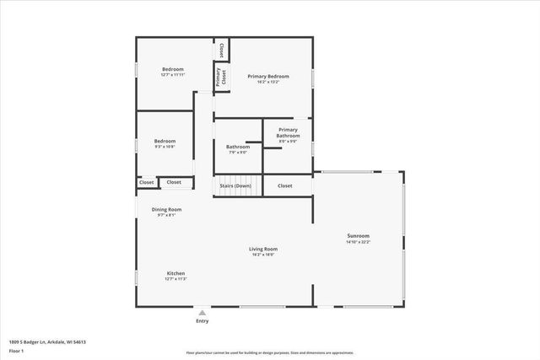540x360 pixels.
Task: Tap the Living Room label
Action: point(263,249)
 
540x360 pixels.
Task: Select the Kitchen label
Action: point(175,273)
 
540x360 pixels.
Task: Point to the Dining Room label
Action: point(166,209)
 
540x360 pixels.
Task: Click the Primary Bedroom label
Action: point(263,76)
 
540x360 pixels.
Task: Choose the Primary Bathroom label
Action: point(288,133)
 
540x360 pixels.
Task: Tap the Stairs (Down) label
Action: point(235,185)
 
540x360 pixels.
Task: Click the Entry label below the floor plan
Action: point(202,320)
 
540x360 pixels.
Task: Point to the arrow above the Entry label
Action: point(202,311)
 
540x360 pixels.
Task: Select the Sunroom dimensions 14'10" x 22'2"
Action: point(359,242)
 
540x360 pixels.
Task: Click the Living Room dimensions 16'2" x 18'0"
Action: point(263,255)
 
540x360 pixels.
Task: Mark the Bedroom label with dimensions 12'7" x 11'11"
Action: point(173,69)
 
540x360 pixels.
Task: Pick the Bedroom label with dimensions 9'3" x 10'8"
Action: point(165,141)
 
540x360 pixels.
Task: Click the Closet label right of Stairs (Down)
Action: point(285,185)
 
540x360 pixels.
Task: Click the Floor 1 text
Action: point(17,350)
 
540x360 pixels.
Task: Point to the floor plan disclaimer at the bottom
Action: point(270,353)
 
